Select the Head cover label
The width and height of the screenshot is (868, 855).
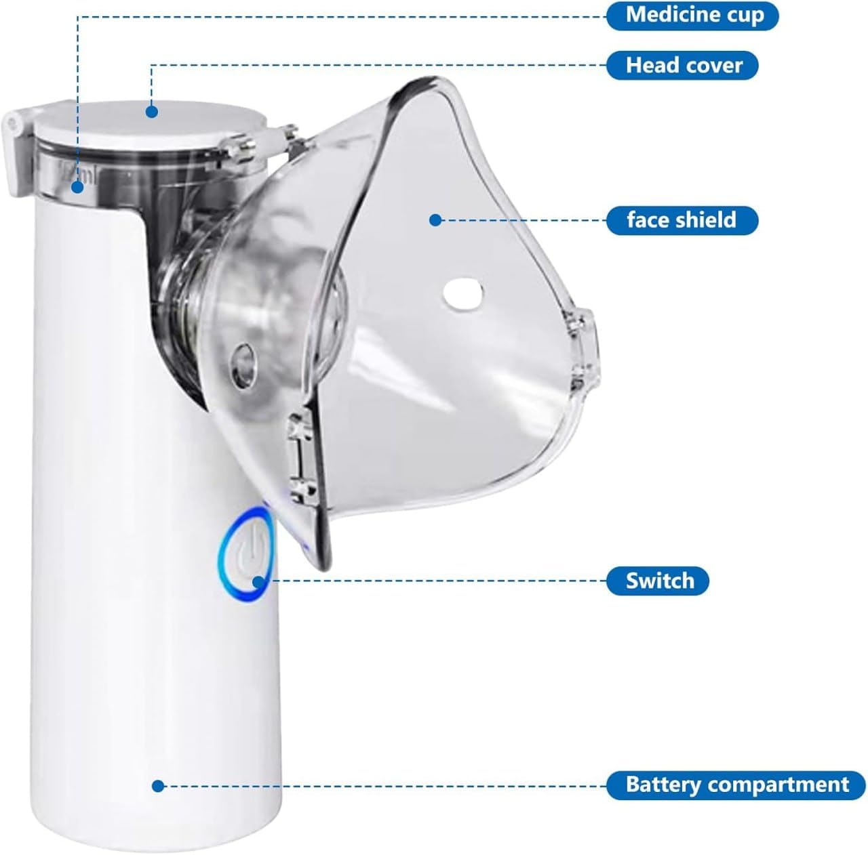tap(682, 65)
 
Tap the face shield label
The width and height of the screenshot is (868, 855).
tap(681, 220)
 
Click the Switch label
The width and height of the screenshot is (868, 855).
tap(658, 581)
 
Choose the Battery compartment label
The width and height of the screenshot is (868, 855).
tap(736, 785)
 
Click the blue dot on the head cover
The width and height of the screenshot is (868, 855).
tap(152, 111)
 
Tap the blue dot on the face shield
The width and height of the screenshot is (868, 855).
tap(435, 220)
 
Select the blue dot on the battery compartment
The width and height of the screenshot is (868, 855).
tap(158, 786)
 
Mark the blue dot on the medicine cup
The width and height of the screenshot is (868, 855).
tap(78, 188)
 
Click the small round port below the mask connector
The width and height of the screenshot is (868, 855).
tap(240, 355)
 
